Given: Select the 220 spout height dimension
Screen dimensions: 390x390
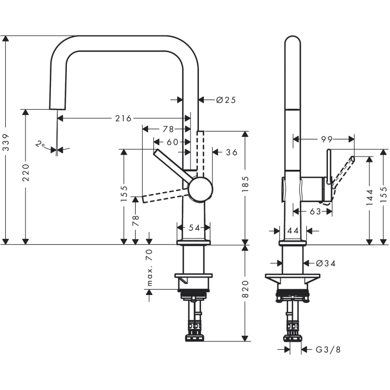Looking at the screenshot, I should click(25, 172).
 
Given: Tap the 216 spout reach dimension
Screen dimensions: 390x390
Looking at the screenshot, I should click(123, 118).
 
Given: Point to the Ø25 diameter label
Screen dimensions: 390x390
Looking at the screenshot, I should click(225, 99).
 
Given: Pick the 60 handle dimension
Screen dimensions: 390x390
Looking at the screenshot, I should click(172, 142).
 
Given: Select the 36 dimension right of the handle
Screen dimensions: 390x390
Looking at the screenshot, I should click(231, 152).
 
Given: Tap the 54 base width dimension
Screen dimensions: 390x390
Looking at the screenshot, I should click(194, 228).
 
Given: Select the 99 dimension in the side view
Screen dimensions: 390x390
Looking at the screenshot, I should click(326, 139).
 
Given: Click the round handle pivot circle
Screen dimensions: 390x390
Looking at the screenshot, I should click(201, 190).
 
